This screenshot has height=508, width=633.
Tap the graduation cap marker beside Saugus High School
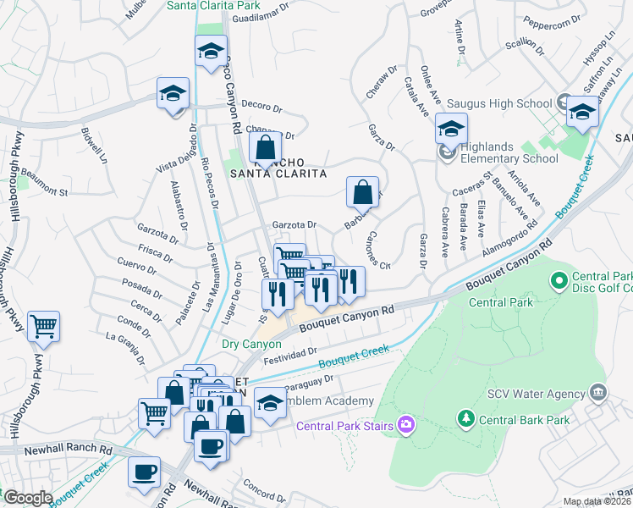click(581, 112)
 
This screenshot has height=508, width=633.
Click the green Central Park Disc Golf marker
click(559, 279)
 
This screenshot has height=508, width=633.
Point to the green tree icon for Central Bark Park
click(465, 417)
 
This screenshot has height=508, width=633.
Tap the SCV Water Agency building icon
click(599, 392)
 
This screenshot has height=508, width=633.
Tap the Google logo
click(27, 498)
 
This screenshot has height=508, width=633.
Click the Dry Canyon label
click(245, 344)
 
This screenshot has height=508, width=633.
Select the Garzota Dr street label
click(294, 225)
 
